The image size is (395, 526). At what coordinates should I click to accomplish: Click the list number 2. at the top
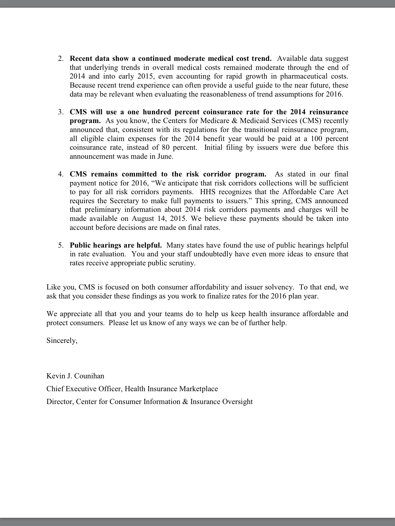[60, 59]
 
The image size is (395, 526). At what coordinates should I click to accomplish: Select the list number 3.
[60, 112]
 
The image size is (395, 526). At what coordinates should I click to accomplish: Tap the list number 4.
[60, 174]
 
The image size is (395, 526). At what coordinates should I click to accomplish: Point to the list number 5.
[60, 246]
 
